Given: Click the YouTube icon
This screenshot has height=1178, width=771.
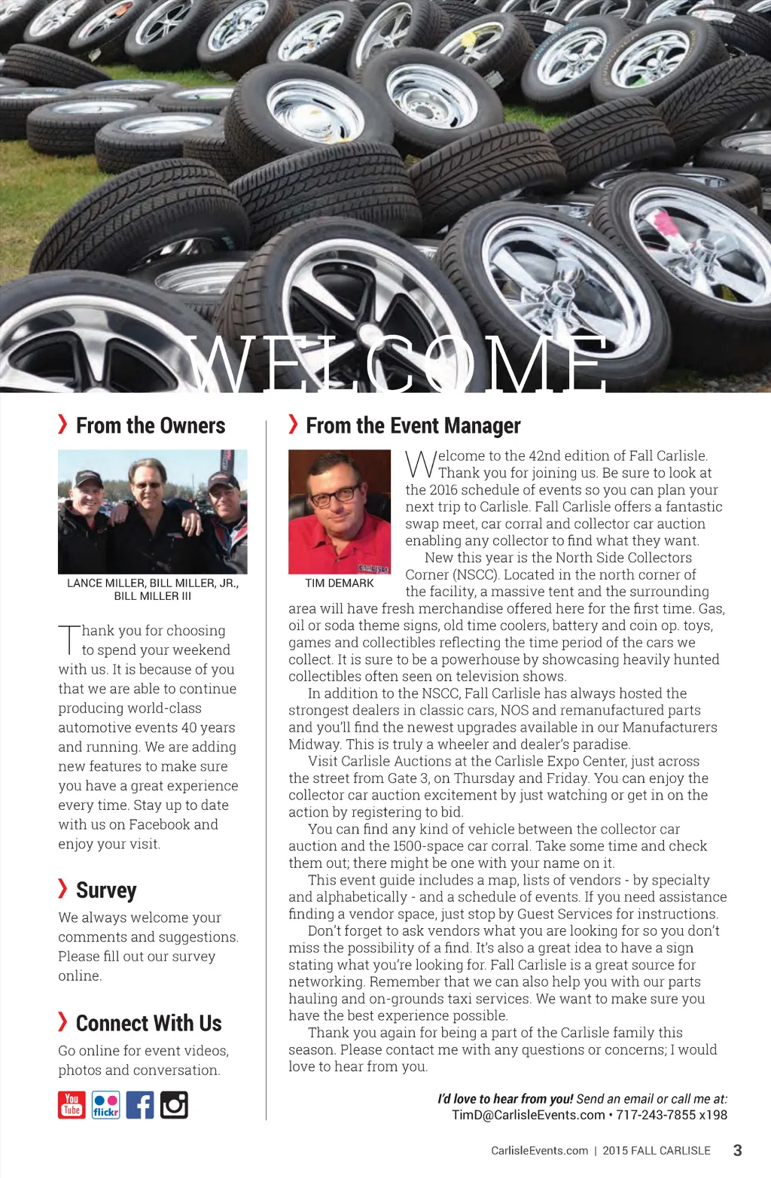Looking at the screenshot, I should tap(72, 1104).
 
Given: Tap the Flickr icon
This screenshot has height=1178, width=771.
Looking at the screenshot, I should tap(105, 1104).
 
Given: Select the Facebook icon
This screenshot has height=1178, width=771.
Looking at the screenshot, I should tap(140, 1104).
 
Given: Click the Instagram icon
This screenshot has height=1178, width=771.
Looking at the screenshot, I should tap(174, 1104).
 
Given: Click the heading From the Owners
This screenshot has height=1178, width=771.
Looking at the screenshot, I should tap(151, 425).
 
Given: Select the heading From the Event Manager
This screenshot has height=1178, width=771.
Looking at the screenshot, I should tap(413, 425).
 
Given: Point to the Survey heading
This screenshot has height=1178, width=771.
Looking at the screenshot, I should tap(106, 890).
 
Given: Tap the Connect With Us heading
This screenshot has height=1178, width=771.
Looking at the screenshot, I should tap(148, 1023).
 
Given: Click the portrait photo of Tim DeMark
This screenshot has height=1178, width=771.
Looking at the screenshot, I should tap(340, 512).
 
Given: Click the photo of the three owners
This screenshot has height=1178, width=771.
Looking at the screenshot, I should tap(153, 512).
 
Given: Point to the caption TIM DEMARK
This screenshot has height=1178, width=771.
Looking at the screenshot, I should tap(340, 583).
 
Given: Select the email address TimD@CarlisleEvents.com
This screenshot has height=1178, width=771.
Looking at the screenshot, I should tap(529, 1115).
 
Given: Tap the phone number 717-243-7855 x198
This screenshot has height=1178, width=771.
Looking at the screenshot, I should tap(672, 1115).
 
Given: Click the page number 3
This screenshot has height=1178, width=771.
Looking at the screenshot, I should tap(737, 1150).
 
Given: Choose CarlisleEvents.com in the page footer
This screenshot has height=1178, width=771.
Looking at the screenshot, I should tap(539, 1151).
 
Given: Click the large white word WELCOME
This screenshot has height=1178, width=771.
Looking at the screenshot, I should tap(397, 365).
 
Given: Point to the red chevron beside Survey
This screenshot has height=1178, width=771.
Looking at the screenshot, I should tap(63, 888).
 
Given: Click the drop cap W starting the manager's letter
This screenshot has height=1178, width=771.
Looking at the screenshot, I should tap(420, 464).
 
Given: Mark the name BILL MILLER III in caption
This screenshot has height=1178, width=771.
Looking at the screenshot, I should tap(153, 596).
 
